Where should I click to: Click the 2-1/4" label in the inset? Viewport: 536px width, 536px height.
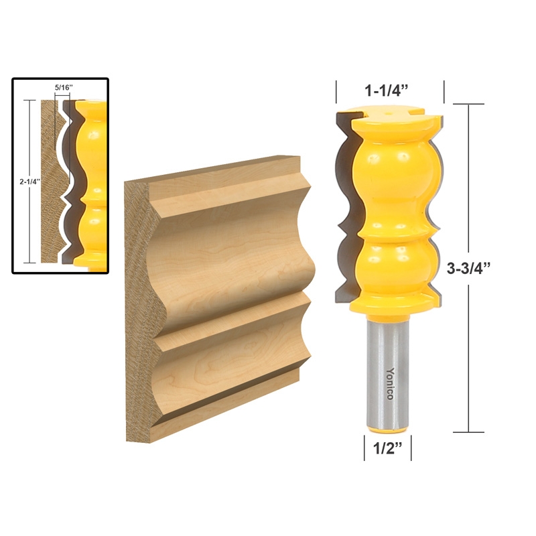pos(29,180)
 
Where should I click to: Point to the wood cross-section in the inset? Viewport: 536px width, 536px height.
pos(50,181)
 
